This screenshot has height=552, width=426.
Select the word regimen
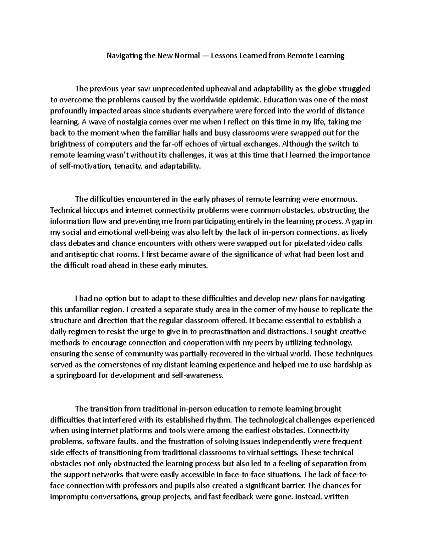tap(84, 332)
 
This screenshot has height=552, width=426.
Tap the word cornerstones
tap(113, 365)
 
